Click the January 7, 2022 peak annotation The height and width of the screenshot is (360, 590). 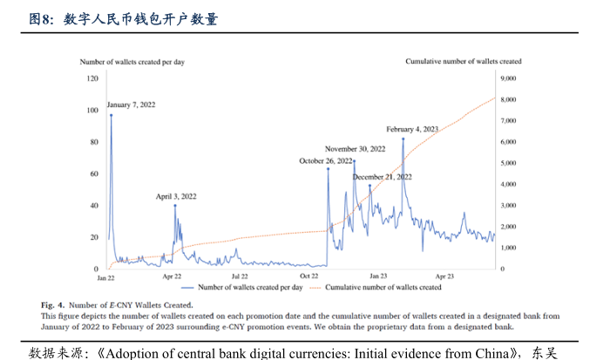[x=131, y=105]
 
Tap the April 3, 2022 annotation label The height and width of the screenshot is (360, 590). [x=176, y=196]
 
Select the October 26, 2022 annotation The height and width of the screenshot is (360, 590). [x=326, y=160]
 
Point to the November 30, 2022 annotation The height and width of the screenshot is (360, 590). [x=355, y=149]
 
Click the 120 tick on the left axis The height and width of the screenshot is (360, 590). [x=92, y=78]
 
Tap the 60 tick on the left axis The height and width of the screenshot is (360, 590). [x=93, y=173]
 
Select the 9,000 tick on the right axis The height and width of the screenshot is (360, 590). [x=509, y=78]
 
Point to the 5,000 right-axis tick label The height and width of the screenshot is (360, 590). [x=509, y=163]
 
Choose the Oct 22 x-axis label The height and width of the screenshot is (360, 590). [x=309, y=276]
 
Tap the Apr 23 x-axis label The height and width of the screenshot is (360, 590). [x=445, y=276]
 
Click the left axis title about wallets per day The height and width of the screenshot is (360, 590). [x=132, y=62]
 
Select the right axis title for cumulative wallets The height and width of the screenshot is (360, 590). [x=464, y=62]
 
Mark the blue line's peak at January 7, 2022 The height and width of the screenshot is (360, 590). [x=111, y=115]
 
